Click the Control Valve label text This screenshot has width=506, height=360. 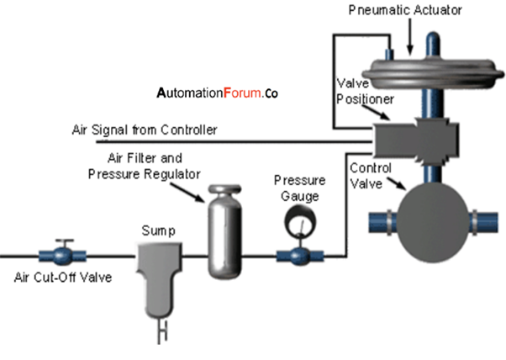click(x=369, y=173)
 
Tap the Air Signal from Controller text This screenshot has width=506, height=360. click(x=145, y=130)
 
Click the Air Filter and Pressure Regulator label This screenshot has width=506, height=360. click(x=145, y=166)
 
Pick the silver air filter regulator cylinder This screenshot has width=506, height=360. click(x=224, y=231)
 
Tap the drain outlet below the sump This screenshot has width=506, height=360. click(x=157, y=333)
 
